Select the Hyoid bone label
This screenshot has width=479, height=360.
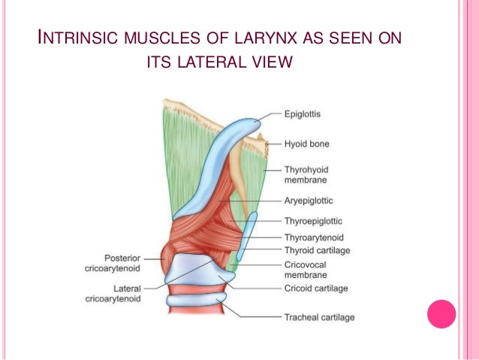pos(306,143)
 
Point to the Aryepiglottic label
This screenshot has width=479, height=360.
pos(309,201)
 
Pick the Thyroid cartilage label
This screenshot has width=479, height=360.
pos(317,250)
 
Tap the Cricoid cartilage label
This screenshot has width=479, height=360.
pos(316,288)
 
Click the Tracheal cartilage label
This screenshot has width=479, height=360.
pos(319,317)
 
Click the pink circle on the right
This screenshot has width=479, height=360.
pos(441,313)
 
